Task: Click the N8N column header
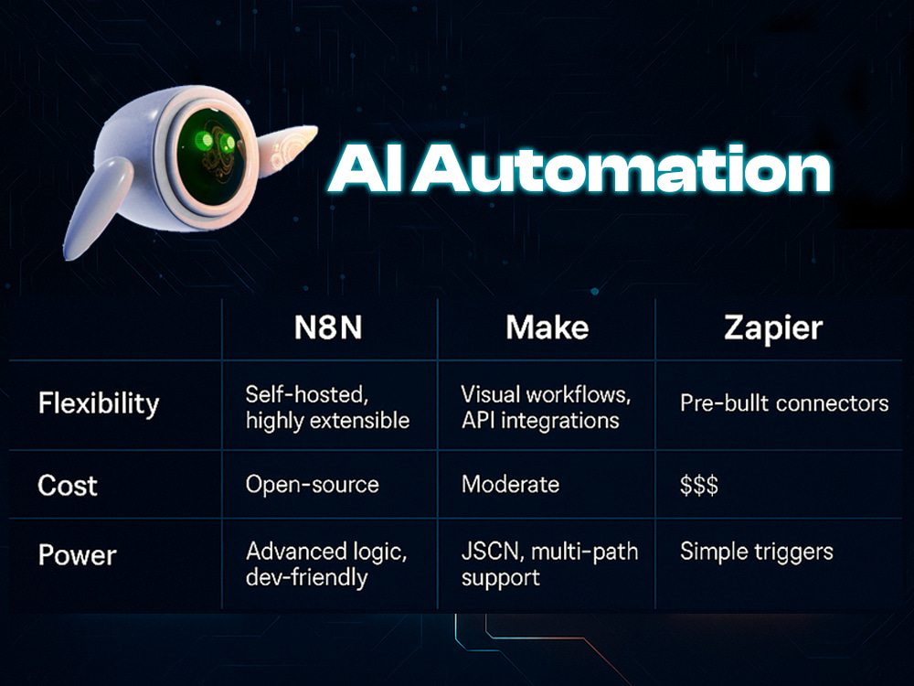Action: click(328, 327)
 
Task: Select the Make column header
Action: click(547, 327)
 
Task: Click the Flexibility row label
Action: click(99, 403)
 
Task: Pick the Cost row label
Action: click(68, 486)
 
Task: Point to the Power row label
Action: click(78, 555)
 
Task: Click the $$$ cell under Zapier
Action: click(699, 485)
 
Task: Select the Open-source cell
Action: click(313, 485)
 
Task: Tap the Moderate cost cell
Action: click(510, 484)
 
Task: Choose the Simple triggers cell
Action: click(757, 552)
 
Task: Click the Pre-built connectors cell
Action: click(784, 403)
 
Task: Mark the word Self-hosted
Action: click(307, 395)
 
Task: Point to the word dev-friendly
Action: click(306, 577)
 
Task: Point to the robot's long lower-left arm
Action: click(97, 209)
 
